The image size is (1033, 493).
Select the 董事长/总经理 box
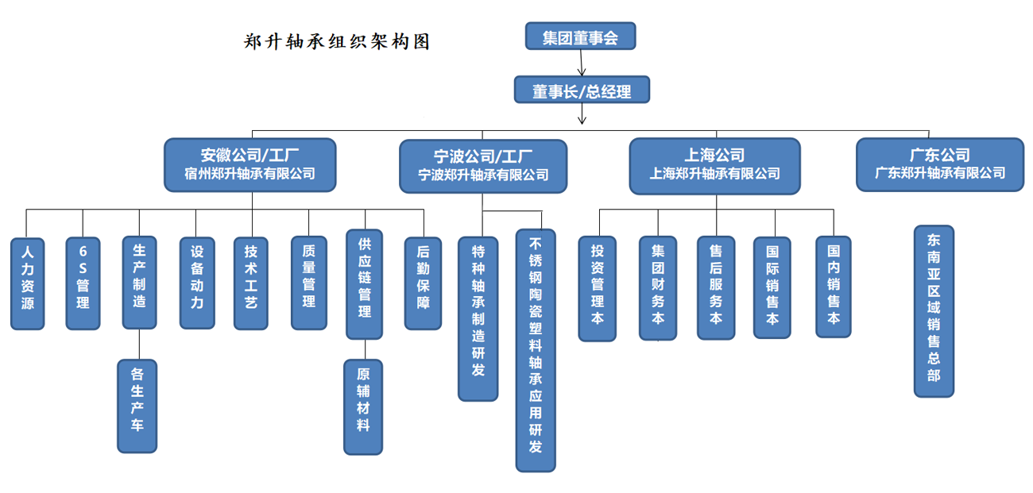point(582,90)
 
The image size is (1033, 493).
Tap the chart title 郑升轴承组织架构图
point(337,42)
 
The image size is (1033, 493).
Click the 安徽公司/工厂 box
point(250,165)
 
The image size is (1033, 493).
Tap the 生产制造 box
point(139,282)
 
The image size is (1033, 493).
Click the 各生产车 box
point(137,406)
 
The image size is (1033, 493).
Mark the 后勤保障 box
point(423,283)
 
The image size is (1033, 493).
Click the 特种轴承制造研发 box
point(478,318)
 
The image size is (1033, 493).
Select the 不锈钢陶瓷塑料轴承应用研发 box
point(536,350)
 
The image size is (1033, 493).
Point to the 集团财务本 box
point(658,288)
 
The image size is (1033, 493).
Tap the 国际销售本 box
point(772,287)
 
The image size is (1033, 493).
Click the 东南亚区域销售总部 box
point(934,310)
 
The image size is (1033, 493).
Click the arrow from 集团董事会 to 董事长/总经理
point(582,62)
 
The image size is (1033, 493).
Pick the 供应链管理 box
point(365,283)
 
